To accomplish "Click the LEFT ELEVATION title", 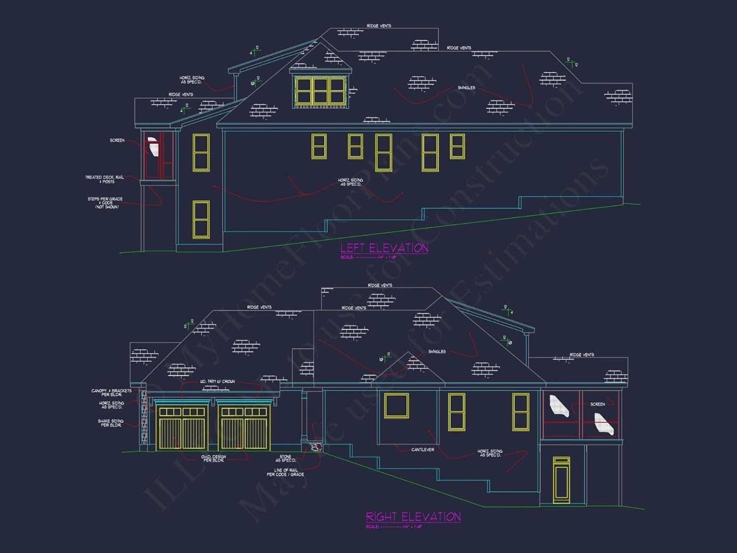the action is pos(384,248).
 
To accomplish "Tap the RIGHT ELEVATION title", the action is pos(413,517).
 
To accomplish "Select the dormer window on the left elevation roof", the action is pos(320,90).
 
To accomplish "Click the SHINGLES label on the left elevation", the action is pos(466,87).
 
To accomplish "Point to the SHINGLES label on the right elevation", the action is pos(437,351).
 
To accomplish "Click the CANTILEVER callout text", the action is pos(423,449).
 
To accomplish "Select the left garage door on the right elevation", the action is pos(182,427).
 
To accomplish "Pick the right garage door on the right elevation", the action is pos(244,427).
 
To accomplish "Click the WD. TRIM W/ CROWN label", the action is pos(217,381).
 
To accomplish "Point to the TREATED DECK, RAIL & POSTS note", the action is pos(105,179).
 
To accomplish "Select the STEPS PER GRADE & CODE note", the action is pos(105,203).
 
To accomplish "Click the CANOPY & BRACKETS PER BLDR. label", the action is pos(112,393).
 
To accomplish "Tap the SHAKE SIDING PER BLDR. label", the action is pos(111,423).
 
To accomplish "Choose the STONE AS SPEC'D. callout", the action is pos(285,458).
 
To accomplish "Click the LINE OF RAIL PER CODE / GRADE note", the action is pos(285,472).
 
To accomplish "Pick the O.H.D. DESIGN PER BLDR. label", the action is pos(214,458).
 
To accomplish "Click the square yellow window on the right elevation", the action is pos(397,406).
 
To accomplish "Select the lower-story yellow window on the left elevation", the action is pos(201,219).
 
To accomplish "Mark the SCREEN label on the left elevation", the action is pos(117,141).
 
